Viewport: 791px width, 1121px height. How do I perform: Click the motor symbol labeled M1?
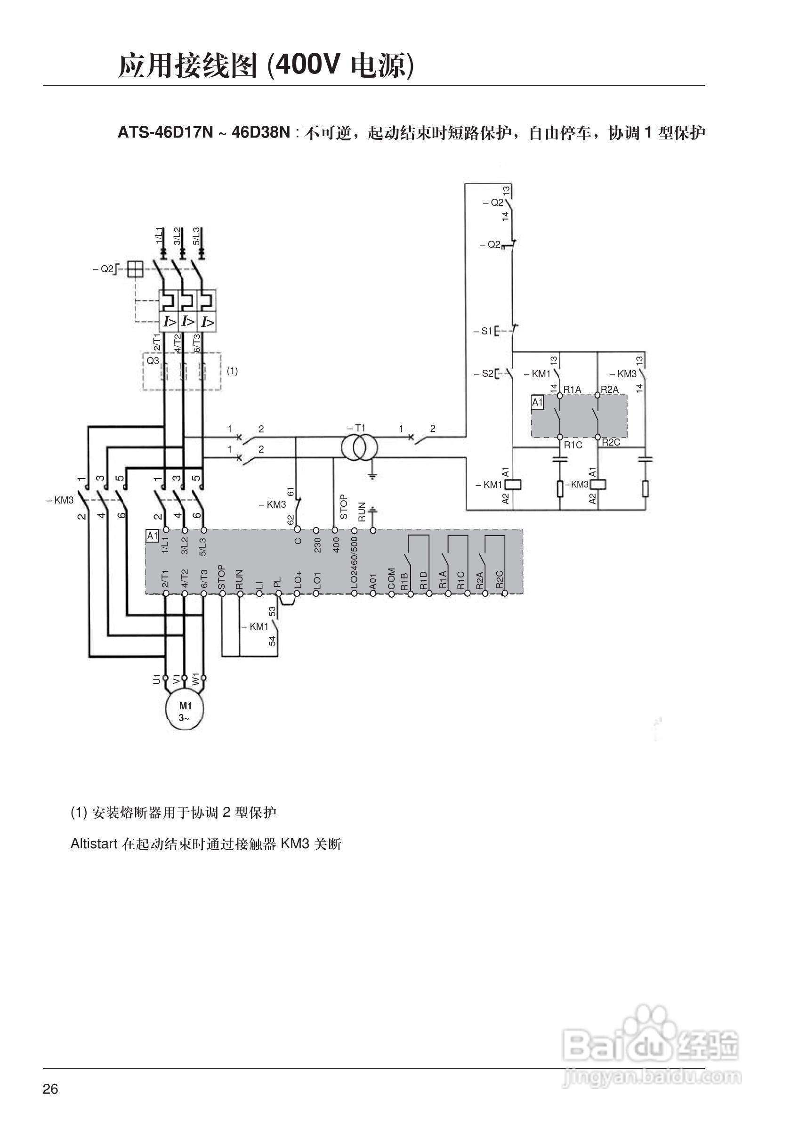pos(185,711)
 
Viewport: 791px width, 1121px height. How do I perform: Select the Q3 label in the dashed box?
pos(153,361)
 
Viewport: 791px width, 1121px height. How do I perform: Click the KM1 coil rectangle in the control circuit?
pos(514,484)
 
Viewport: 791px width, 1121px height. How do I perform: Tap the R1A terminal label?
pos(572,389)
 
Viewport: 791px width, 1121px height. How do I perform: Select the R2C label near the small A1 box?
pos(611,442)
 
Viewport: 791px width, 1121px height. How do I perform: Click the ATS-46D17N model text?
pos(165,132)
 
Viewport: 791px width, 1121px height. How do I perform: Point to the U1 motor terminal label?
pos(157,679)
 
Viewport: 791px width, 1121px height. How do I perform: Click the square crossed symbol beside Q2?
pos(135,269)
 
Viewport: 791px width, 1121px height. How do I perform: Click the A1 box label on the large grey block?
pos(152,536)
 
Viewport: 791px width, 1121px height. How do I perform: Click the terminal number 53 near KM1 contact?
pos(272,611)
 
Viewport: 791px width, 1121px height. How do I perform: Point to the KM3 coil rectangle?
pos(598,484)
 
